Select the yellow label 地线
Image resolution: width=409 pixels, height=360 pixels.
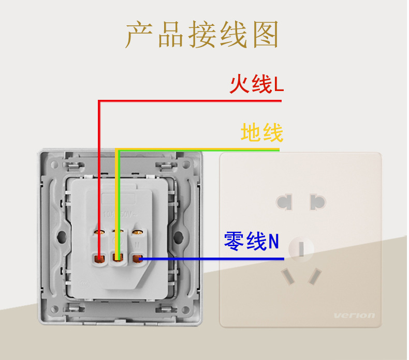(261, 132)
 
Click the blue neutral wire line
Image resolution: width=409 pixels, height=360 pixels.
(212, 258)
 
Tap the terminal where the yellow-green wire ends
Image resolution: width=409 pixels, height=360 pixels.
(118, 257)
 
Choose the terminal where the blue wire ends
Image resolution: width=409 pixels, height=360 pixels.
(137, 257)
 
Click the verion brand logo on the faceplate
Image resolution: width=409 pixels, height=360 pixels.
(354, 316)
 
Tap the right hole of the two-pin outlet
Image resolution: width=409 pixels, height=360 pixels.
(317, 201)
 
